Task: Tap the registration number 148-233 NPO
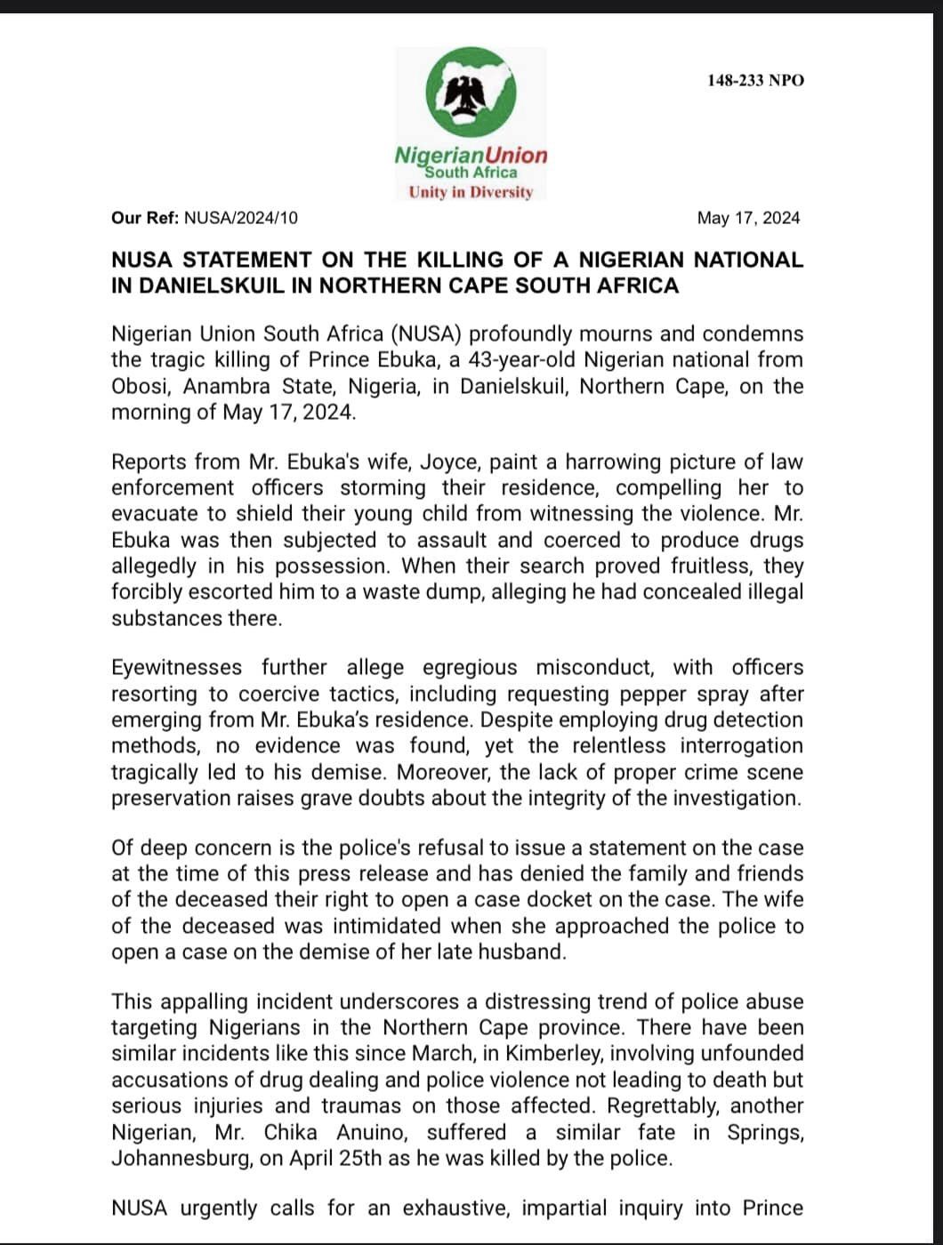click(x=755, y=81)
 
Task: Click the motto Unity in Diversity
click(x=471, y=192)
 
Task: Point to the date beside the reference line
click(x=748, y=218)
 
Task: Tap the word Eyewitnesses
click(x=176, y=668)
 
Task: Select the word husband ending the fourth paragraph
click(x=524, y=952)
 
